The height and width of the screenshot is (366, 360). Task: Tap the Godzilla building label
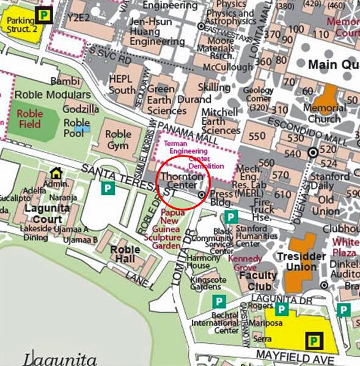(81, 109)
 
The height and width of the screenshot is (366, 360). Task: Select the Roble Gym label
(118, 140)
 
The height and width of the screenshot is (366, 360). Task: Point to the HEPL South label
(122, 84)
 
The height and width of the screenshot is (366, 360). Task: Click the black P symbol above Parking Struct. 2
(43, 13)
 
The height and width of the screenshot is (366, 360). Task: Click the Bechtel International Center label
(215, 323)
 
